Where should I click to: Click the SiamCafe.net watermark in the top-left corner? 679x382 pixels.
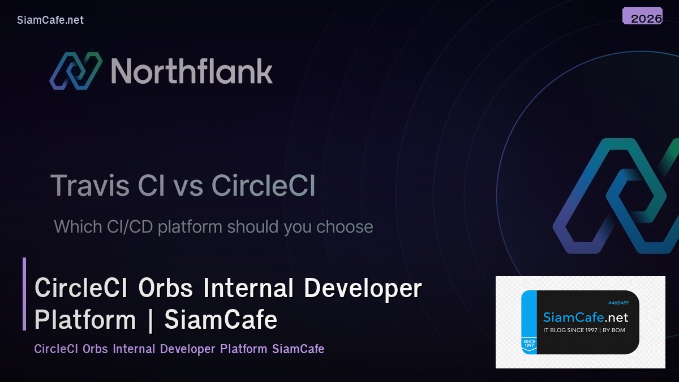[50, 20]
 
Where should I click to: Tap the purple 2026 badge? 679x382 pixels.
[642, 16]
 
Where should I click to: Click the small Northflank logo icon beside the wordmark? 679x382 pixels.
[75, 71]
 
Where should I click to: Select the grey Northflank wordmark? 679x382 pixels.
[191, 72]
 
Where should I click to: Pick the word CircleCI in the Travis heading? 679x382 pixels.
[263, 186]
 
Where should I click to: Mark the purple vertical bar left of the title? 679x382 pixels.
[24, 294]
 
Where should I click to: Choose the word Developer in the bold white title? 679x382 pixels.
[363, 289]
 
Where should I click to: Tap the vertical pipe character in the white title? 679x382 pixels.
[150, 320]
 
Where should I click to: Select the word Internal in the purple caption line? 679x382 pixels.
[135, 349]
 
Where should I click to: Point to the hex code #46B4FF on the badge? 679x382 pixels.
[618, 303]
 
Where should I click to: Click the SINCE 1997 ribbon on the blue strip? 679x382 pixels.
[528, 344]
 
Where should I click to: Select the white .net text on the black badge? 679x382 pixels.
[616, 317]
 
